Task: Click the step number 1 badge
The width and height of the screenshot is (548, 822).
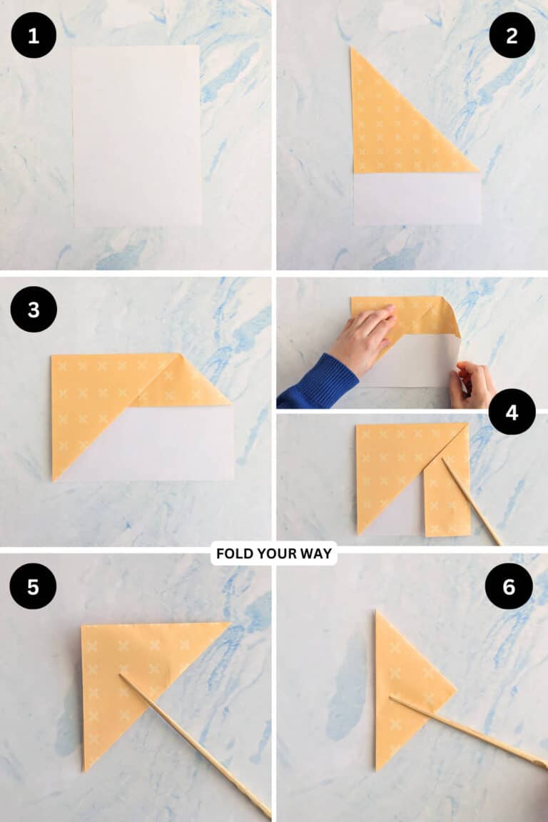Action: [x=34, y=35]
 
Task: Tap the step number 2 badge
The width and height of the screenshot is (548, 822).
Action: [x=512, y=35]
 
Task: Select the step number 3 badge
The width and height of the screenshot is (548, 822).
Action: [x=34, y=309]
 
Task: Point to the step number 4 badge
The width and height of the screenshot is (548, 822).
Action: [x=512, y=412]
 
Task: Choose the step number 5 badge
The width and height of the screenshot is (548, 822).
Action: [x=33, y=586]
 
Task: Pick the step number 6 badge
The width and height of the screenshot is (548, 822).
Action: [x=509, y=586]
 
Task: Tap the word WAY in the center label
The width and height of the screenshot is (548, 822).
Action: [x=318, y=554]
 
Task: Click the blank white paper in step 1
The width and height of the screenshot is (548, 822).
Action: [x=136, y=136]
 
